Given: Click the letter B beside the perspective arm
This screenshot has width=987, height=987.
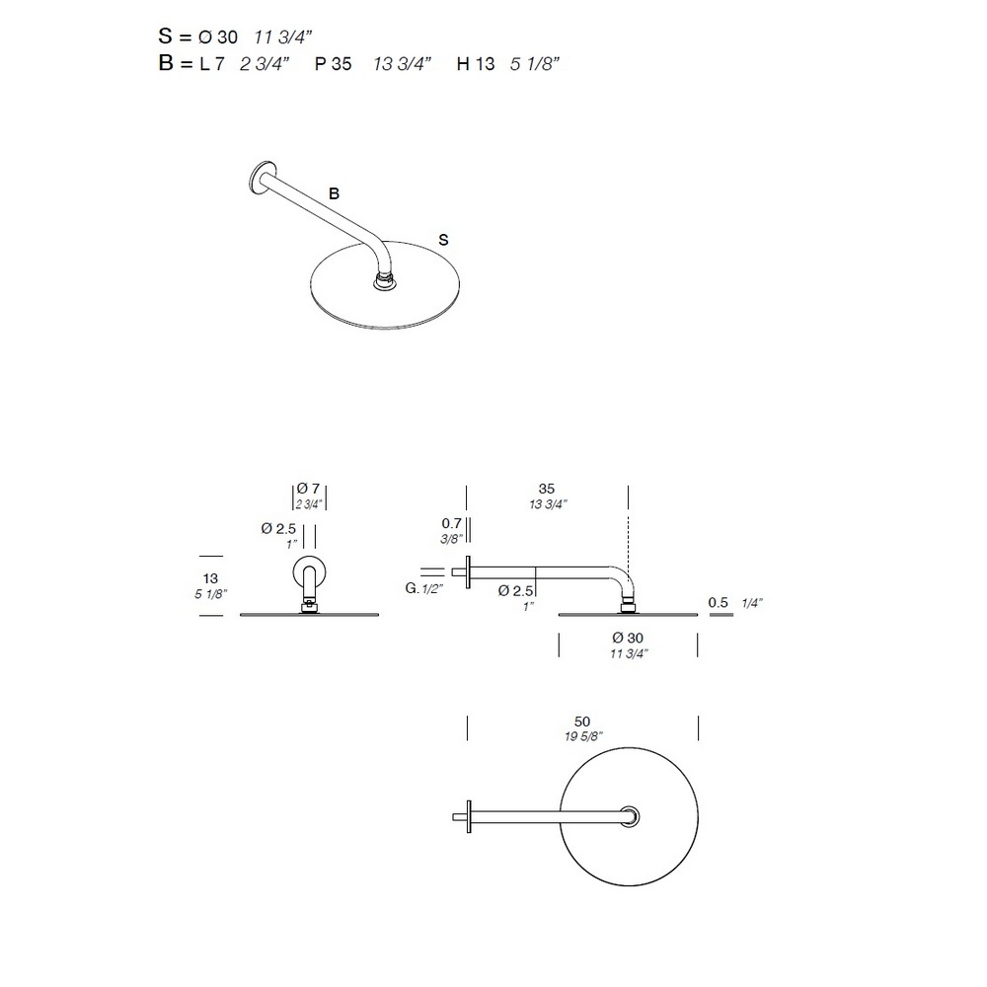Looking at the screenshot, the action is tap(335, 193).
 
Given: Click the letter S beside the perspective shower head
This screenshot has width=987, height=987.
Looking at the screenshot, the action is tap(444, 240).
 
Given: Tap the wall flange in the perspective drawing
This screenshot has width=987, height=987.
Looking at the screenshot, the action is tap(262, 177).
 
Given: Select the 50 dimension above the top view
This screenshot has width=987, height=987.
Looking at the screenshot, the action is tap(582, 721).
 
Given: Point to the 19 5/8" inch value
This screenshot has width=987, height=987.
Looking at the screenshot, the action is tap(583, 736).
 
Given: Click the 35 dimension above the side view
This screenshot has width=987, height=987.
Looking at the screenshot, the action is tap(547, 489).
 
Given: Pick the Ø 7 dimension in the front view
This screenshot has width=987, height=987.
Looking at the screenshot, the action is tap(308, 489).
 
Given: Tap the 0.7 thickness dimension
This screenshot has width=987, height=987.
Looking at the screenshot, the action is tap(451, 523).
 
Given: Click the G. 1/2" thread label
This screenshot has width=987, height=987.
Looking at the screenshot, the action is tap(423, 588).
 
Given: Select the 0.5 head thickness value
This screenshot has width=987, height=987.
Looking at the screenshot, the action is tap(718, 602).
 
